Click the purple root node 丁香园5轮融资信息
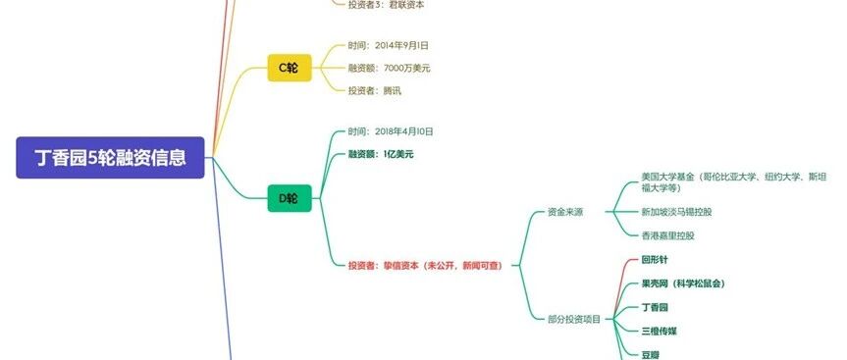(x=110, y=158)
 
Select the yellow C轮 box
(x=290, y=68)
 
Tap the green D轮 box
(x=290, y=198)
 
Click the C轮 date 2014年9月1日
(x=389, y=46)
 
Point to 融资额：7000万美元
(x=390, y=68)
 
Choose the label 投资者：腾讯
(x=375, y=90)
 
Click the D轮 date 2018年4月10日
(x=391, y=131)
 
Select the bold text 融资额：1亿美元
(x=381, y=154)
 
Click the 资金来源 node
(x=565, y=212)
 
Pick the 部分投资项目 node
(x=574, y=320)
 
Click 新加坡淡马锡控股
(x=676, y=212)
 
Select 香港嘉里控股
(x=667, y=235)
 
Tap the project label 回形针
(x=655, y=260)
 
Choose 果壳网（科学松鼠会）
(x=683, y=283)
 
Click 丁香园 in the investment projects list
(x=655, y=308)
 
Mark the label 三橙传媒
(x=659, y=332)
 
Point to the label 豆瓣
(x=651, y=354)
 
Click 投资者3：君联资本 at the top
(x=387, y=5)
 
